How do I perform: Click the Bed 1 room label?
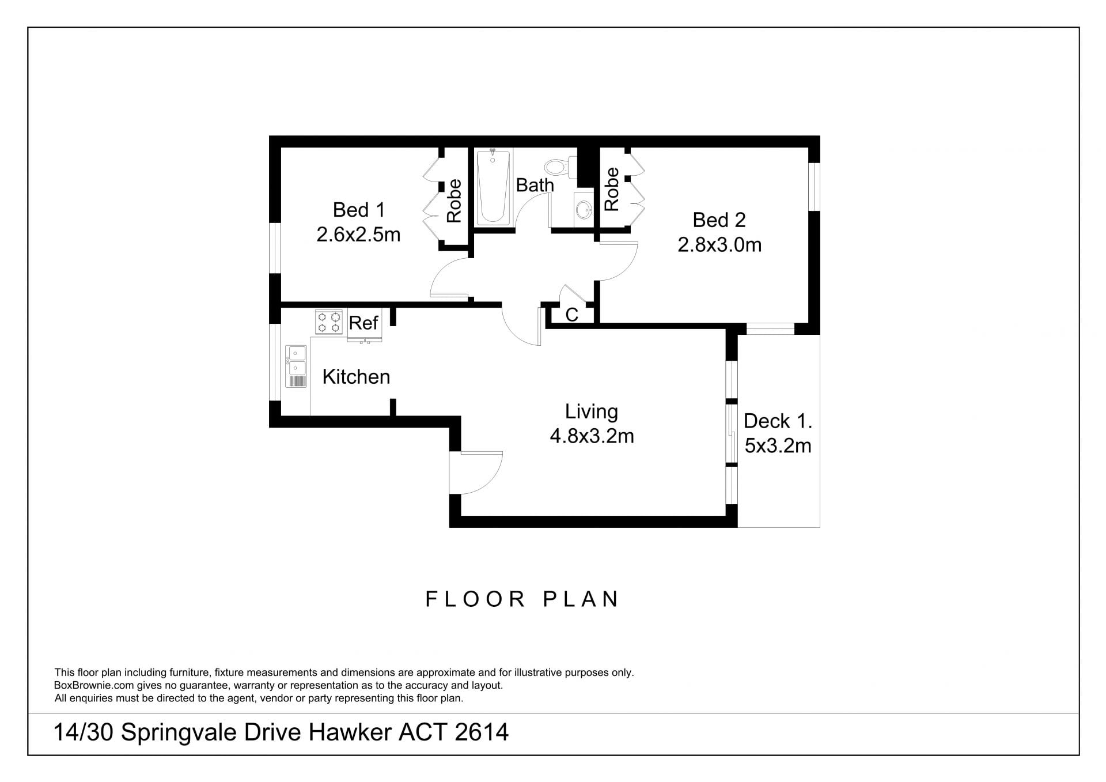click(358, 210)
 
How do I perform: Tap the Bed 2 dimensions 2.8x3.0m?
click(719, 245)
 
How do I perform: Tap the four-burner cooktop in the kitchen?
click(329, 322)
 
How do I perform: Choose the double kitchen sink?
click(297, 367)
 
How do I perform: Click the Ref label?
click(363, 323)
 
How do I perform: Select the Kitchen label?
click(356, 377)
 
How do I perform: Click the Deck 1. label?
click(778, 421)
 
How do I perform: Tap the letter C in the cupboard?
click(571, 315)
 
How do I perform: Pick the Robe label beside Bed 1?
click(454, 201)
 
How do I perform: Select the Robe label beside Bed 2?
click(612, 189)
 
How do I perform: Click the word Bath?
click(535, 185)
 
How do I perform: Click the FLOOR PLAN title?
click(522, 599)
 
